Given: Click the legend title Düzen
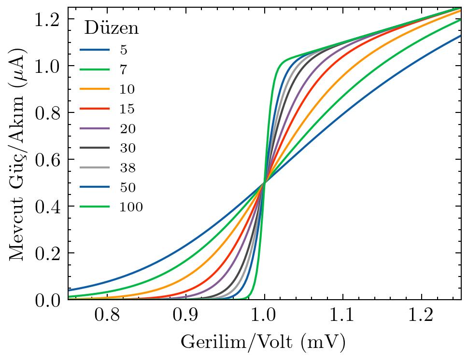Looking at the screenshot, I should coord(112,28).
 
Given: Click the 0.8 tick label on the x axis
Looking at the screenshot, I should coord(107,316).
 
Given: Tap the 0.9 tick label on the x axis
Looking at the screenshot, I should coord(185,316).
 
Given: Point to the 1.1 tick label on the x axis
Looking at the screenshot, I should coord(342,316).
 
